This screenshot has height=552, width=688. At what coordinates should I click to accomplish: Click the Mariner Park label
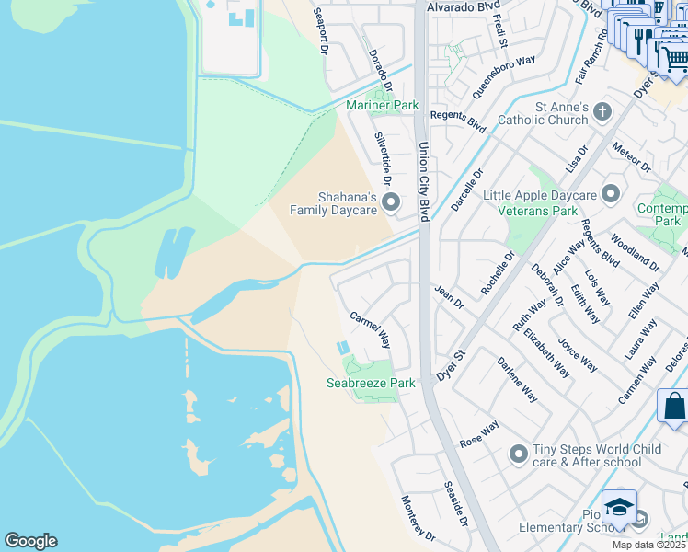382,106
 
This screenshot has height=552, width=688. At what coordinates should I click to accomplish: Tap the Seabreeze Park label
371,383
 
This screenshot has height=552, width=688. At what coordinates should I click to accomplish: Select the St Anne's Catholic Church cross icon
602,112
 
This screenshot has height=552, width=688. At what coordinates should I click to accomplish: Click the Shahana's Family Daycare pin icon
391,201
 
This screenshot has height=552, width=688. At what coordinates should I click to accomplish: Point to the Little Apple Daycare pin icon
610,193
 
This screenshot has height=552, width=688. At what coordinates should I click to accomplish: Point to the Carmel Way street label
370,328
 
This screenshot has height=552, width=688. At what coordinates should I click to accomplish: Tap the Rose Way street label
478,433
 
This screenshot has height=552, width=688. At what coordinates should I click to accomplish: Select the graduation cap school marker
619,507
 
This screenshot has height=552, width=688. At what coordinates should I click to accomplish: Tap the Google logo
30,541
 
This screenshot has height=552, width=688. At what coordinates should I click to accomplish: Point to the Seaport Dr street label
320,32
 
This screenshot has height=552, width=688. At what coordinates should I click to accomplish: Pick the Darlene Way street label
517,379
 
